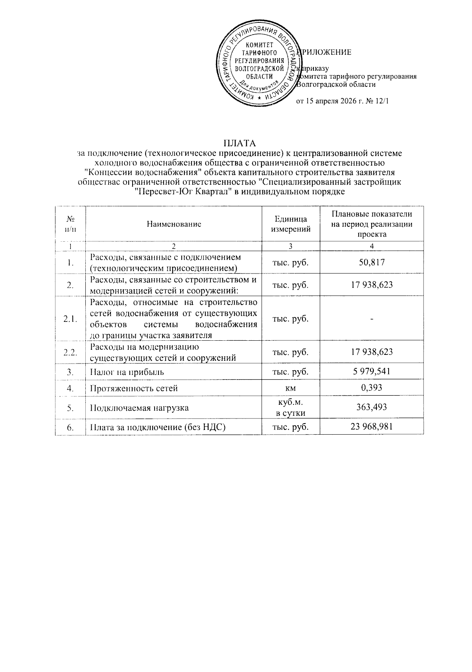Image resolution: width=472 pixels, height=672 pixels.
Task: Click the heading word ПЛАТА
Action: [x=240, y=142]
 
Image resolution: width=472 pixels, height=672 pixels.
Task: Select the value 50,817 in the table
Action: [x=372, y=262]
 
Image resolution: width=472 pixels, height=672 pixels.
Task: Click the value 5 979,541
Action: [x=372, y=371]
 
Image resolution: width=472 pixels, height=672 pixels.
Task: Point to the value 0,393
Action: [x=372, y=388]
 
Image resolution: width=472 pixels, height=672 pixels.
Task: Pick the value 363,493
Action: [x=372, y=407]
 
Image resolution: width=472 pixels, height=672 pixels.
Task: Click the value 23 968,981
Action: [x=372, y=427]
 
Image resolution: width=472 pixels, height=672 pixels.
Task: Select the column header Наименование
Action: [x=173, y=224]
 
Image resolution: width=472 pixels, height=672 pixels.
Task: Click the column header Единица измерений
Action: [x=291, y=224]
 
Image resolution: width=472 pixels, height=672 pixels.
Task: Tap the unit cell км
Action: [x=291, y=388]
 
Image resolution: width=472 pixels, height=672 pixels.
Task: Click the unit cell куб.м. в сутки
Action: [x=291, y=408]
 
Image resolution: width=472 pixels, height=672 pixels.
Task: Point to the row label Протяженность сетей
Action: [x=134, y=388]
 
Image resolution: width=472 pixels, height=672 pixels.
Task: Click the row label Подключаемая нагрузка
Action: [x=139, y=408]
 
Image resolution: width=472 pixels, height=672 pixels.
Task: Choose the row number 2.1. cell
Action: [x=70, y=319]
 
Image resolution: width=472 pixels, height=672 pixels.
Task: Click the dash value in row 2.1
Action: [x=372, y=319]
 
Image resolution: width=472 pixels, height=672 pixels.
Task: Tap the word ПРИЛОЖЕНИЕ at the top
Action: [x=326, y=52]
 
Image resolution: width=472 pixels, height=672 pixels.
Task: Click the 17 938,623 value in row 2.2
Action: [x=372, y=352]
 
